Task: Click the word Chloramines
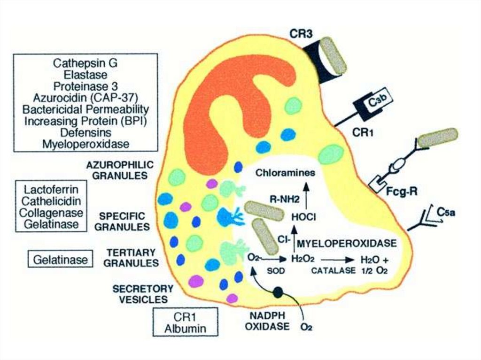[x=285, y=173]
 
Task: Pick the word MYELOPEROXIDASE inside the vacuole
[x=347, y=244]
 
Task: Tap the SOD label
[x=273, y=271]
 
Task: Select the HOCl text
[x=303, y=217]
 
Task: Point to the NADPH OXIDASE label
[x=267, y=321]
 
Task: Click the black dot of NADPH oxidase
[x=278, y=292]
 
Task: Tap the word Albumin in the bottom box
[x=185, y=328]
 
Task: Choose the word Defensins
[x=85, y=133]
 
